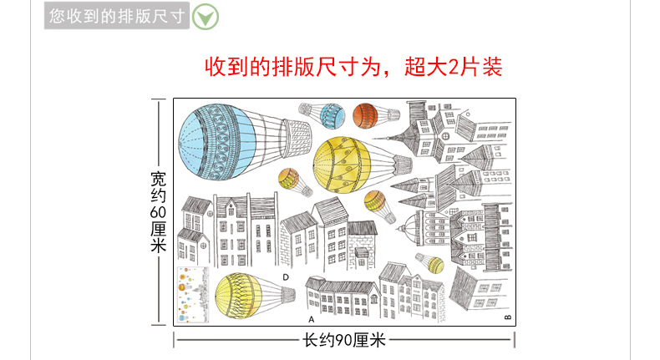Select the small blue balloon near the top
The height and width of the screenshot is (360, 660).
pyautogui.click(x=332, y=116)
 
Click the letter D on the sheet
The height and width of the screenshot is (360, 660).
pyautogui.click(x=285, y=277)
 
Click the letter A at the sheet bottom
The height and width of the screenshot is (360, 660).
pyautogui.click(x=310, y=319)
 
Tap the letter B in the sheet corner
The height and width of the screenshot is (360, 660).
pyautogui.click(x=506, y=317)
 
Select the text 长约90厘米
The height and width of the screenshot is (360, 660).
pyautogui.click(x=343, y=340)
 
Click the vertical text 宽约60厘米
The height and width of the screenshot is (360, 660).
pyautogui.click(x=159, y=212)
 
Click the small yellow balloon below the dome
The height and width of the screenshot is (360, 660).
pyautogui.click(x=434, y=265)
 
